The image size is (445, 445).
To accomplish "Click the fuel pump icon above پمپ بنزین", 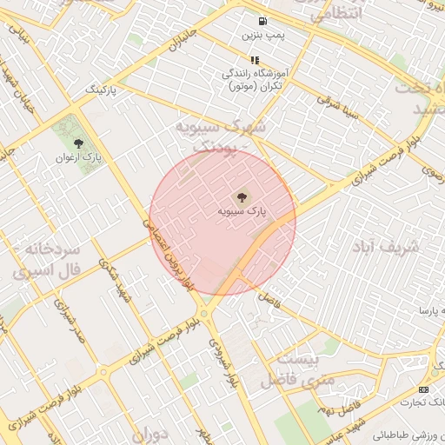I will [x=262, y=22].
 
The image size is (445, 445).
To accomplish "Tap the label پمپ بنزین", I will [x=262, y=36].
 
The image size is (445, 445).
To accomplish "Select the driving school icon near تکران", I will [x=255, y=60].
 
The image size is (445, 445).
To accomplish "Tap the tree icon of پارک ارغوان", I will [x=79, y=143].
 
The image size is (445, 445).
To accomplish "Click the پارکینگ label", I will [x=102, y=90].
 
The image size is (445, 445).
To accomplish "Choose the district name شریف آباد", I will [x=385, y=247].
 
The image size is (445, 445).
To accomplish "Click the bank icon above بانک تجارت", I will [x=423, y=389].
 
